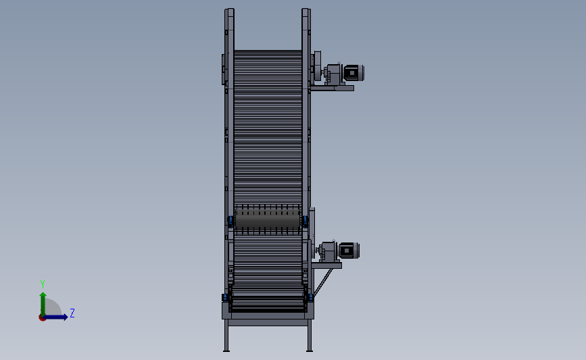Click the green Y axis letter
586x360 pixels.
click(42, 284)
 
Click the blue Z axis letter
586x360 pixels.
click(72, 313)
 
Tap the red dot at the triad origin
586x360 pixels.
click(42, 317)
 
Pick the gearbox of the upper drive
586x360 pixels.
click(332, 74)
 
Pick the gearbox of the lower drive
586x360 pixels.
click(328, 251)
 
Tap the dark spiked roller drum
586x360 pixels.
click(268, 220)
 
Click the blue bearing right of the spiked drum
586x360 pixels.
click(305, 221)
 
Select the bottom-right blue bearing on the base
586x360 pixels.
click(310, 297)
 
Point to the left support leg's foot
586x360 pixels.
click(226, 349)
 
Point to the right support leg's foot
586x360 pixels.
click(310, 349)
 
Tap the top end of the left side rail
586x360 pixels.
click(230, 11)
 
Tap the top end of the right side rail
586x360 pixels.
click(306, 11)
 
